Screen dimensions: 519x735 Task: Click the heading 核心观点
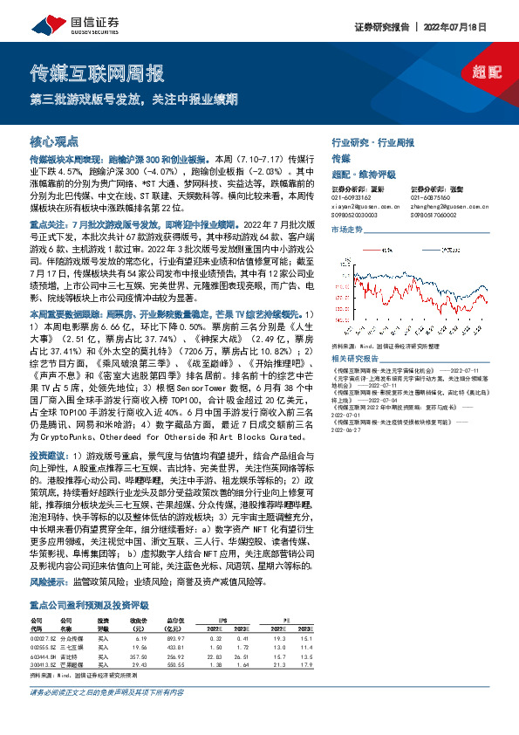click(x=54, y=140)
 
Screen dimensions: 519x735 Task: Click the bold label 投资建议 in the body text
click(x=45, y=456)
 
